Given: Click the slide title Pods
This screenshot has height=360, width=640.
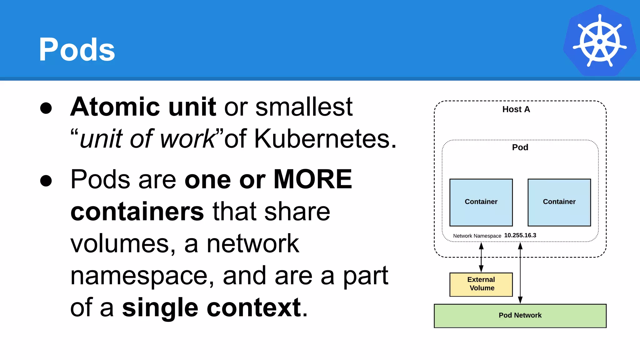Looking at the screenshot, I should [x=77, y=49].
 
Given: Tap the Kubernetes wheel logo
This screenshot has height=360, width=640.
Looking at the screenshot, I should [x=599, y=41].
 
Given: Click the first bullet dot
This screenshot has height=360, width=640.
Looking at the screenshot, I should [x=46, y=108].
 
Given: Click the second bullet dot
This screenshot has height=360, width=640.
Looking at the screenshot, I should [x=46, y=181].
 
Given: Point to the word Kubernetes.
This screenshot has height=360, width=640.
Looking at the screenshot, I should [x=322, y=139].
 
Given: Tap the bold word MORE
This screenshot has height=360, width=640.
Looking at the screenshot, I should [x=312, y=179].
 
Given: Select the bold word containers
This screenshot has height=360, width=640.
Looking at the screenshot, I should [x=137, y=212].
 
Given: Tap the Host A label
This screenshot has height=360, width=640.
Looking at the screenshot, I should [x=516, y=109].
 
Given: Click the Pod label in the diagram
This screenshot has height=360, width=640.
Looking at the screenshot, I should [x=520, y=147].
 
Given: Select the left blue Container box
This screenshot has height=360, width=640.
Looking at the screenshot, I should [x=481, y=202].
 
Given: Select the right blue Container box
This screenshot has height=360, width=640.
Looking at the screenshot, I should [x=559, y=202].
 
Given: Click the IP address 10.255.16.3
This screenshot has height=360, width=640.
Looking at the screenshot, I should [x=520, y=235].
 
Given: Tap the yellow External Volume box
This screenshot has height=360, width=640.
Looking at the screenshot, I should [x=481, y=284].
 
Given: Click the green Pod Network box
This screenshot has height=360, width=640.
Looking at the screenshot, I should [x=520, y=316].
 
